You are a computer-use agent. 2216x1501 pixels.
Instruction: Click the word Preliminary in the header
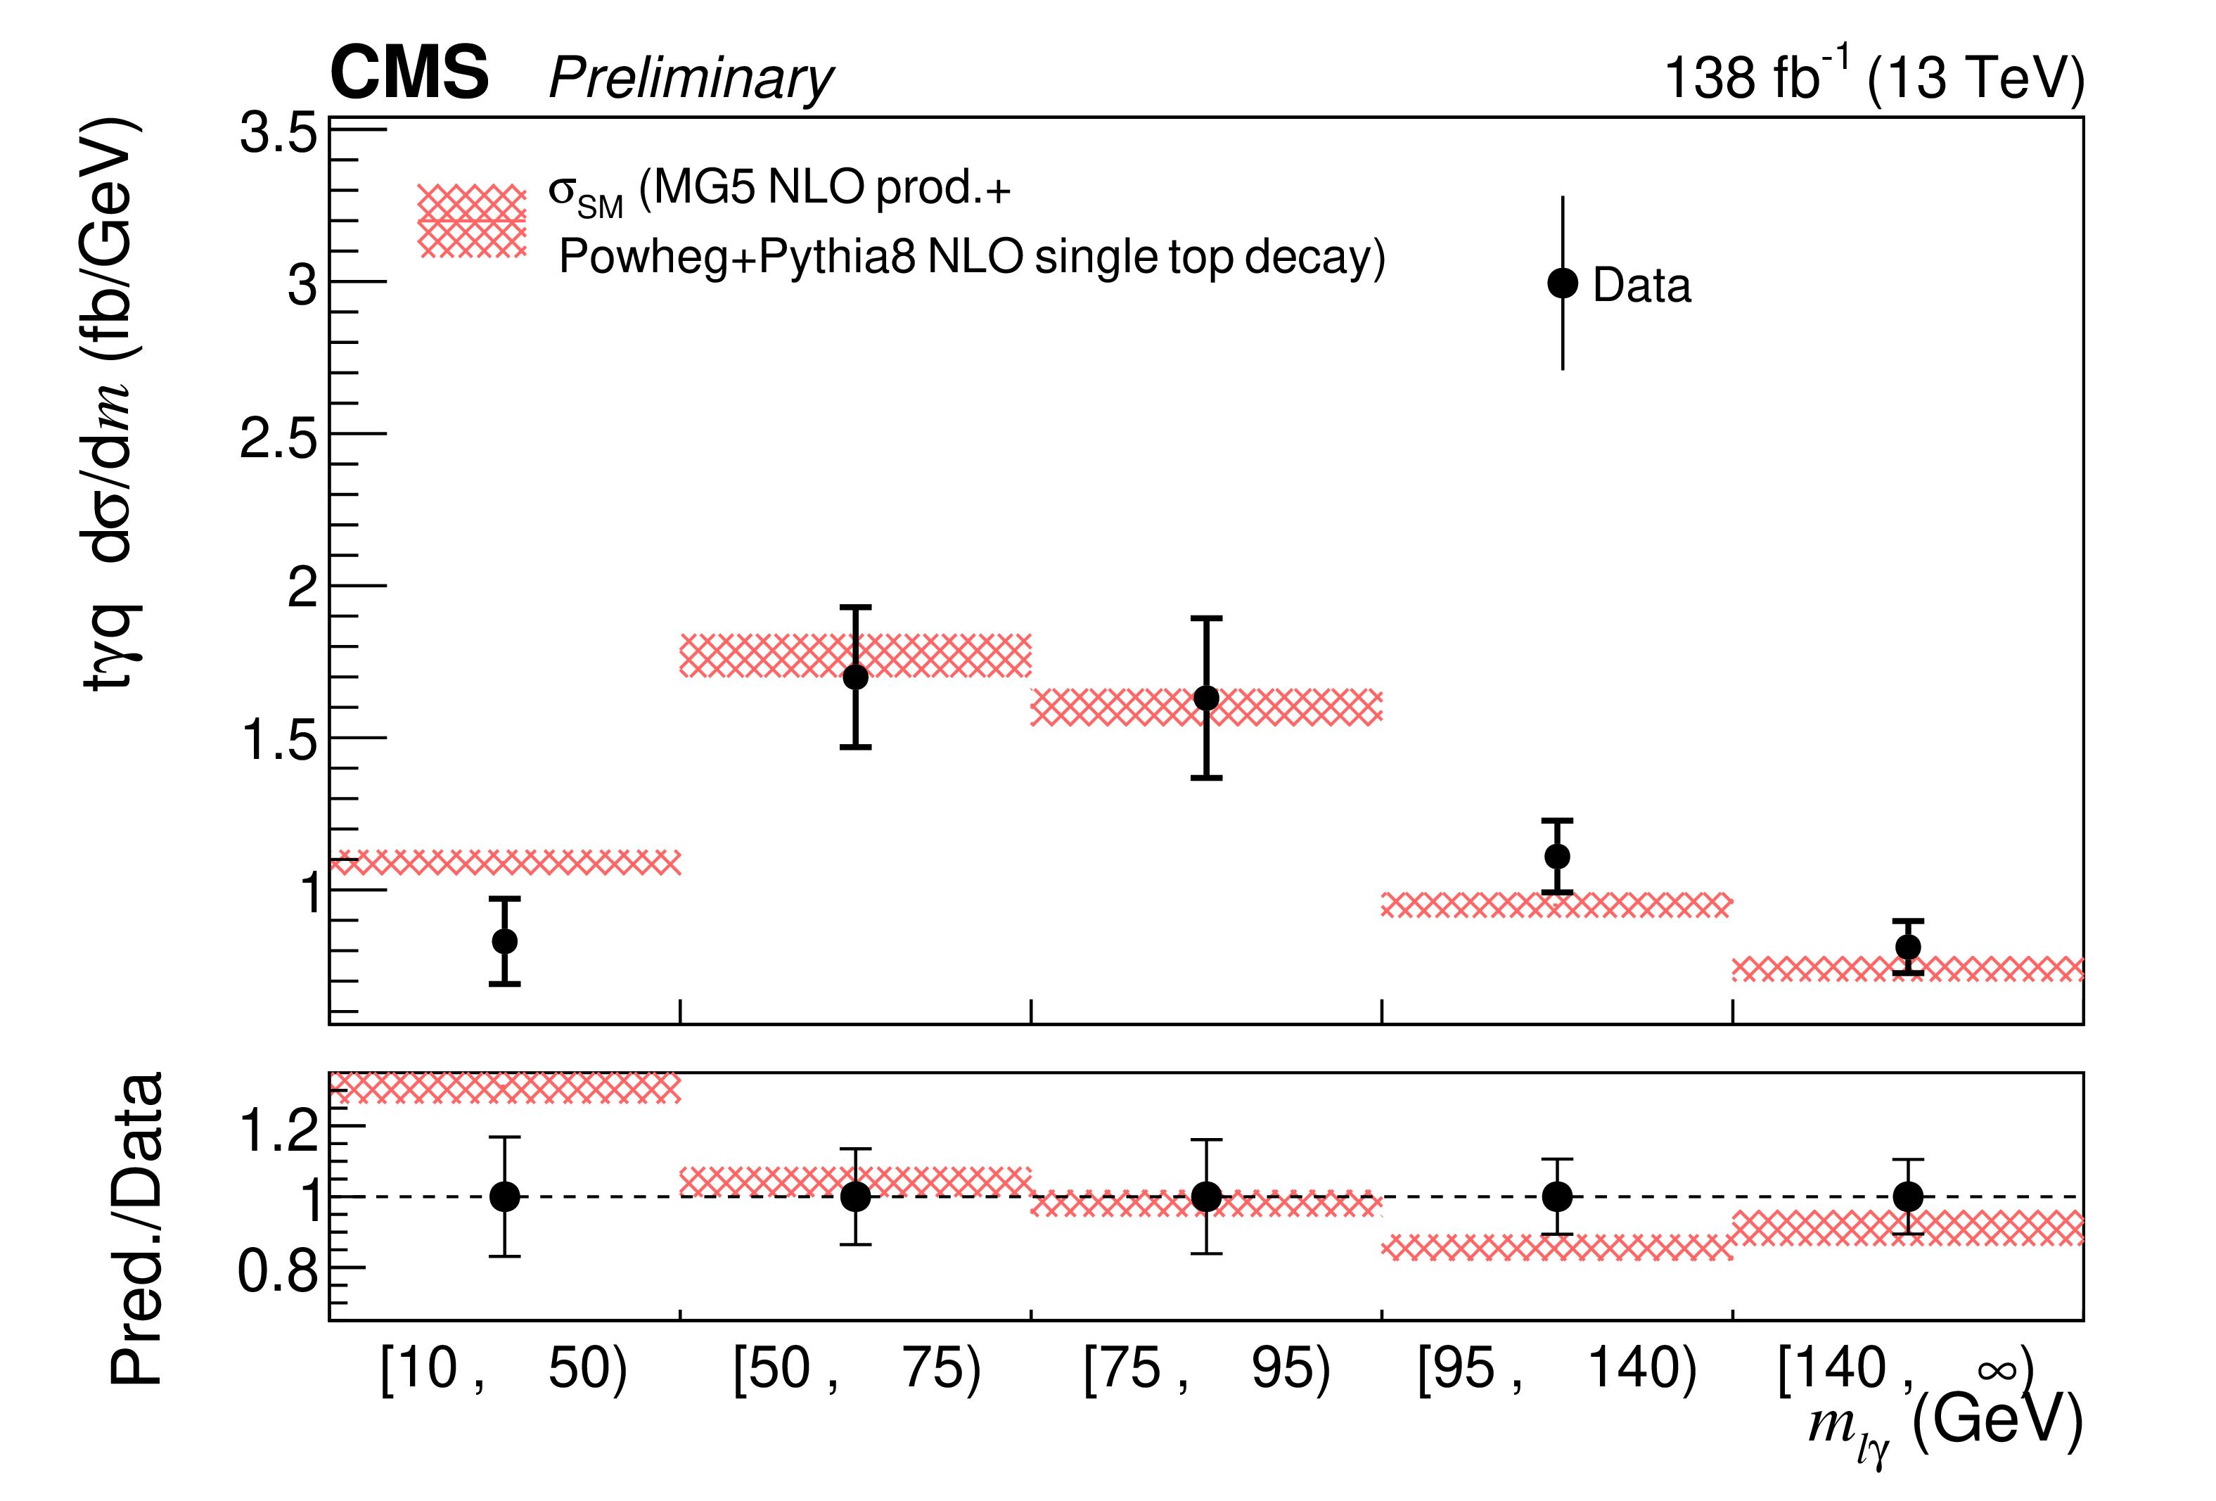point(691,78)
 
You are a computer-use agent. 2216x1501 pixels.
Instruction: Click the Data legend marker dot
point(1562,283)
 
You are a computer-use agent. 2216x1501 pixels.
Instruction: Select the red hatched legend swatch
point(472,222)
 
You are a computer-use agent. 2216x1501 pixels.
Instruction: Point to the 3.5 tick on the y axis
point(278,132)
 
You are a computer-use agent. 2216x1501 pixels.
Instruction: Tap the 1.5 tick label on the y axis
point(278,740)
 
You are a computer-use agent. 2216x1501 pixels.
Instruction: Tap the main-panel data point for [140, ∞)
point(1907,947)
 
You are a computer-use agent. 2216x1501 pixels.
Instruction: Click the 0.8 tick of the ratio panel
point(278,1270)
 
